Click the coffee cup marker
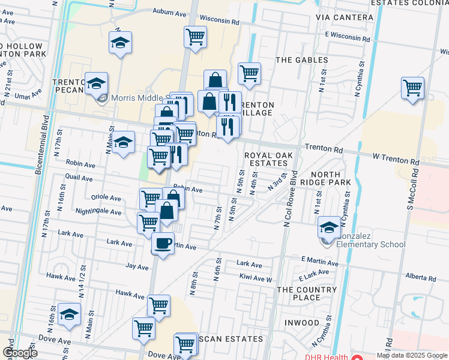(162, 243)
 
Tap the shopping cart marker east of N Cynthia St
(413, 88)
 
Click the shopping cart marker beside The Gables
(249, 74)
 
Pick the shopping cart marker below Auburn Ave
(195, 37)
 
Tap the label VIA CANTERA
(345, 17)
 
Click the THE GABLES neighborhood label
(301, 60)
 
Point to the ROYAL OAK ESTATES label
(268, 159)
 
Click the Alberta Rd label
(420, 278)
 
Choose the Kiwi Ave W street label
(256, 279)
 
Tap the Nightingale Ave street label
(98, 211)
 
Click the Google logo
(20, 353)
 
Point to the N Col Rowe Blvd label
(291, 202)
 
